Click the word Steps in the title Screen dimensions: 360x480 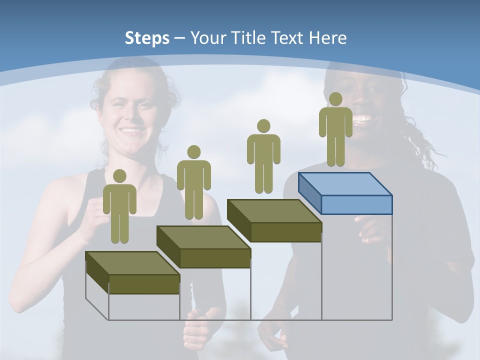click(x=147, y=38)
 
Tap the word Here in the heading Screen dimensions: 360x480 click(x=327, y=38)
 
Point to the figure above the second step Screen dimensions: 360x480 click(x=193, y=182)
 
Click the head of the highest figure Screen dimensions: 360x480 click(x=335, y=99)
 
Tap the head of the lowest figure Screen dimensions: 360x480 click(x=119, y=176)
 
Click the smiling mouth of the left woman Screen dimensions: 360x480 click(x=131, y=130)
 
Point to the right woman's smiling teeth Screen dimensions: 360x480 click(x=362, y=119)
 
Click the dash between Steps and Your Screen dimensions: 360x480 click(x=179, y=38)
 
